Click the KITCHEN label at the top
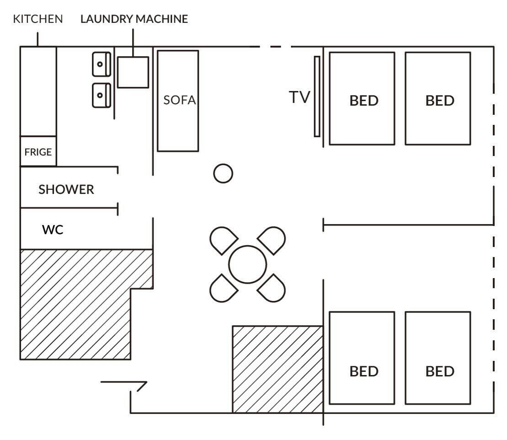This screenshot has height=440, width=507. [38, 19]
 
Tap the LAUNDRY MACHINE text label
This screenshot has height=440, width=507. [134, 19]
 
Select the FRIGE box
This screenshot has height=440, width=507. [38, 151]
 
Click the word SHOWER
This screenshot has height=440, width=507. [66, 189]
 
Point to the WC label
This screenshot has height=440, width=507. [53, 230]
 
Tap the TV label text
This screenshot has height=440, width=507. [299, 97]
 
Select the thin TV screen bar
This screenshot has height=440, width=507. [317, 97]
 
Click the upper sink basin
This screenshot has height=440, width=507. [101, 64]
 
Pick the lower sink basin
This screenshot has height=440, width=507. [101, 96]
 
